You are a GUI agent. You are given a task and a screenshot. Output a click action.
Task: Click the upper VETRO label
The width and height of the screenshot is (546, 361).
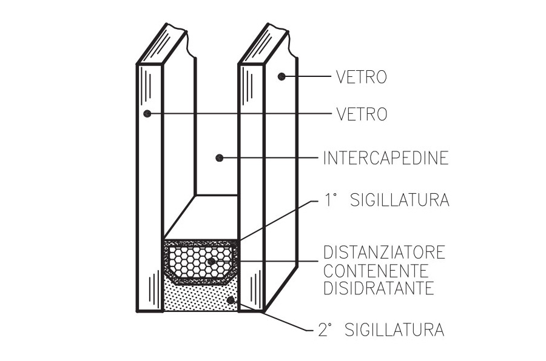pos(362,77)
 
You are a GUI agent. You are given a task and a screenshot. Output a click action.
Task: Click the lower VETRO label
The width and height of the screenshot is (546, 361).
pos(362,114)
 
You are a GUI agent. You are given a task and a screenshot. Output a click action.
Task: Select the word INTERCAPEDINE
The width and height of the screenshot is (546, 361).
pos(386,158)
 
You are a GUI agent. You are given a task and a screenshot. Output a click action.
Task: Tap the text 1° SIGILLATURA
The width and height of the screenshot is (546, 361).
pos(387,200)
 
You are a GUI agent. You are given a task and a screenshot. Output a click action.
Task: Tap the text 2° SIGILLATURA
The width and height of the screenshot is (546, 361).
pos(382,330)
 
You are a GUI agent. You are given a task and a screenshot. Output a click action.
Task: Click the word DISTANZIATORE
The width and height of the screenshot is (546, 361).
pos(385,252)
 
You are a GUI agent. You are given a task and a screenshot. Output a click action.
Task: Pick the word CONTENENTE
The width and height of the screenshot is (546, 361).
pos(376,270)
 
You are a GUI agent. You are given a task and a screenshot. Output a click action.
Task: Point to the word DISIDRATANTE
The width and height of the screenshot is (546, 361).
pos(379,288)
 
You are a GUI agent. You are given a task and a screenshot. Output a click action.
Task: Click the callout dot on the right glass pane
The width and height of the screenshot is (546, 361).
pos(281,76)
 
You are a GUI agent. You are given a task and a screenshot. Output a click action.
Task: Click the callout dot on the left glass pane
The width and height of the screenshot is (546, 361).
pos(147,113)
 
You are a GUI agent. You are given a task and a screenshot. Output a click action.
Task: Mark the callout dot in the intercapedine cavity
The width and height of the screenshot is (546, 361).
pos(219,158)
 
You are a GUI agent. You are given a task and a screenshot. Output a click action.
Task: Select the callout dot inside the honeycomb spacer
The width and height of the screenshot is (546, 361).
pos(211,261)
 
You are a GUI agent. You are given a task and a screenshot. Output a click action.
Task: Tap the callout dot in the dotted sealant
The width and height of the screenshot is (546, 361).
pos(230,300)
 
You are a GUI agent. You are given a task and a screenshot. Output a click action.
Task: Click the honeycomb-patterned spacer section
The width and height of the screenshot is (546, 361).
pos(201,262)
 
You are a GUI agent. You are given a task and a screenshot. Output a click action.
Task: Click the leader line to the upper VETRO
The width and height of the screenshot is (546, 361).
pos(306,76)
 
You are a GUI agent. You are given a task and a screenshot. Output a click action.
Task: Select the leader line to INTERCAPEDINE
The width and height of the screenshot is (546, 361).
pos(269,158)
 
